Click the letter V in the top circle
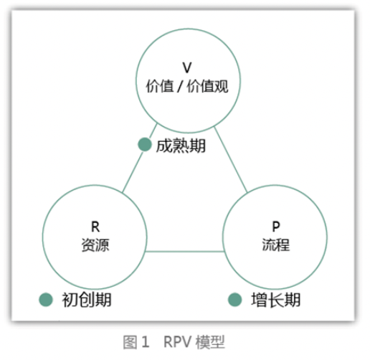[x=187, y=67]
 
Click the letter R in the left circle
[x=95, y=227]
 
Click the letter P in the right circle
[x=276, y=226]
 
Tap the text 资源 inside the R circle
[x=95, y=245]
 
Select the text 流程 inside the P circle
[x=276, y=245]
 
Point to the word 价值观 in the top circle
[x=207, y=86]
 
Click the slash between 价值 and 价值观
[x=180, y=86]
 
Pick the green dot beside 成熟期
[x=145, y=144]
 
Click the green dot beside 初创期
[x=46, y=300]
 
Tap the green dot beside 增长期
[x=234, y=300]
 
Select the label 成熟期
[x=181, y=146]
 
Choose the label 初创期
[x=87, y=300]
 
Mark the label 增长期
[x=276, y=300]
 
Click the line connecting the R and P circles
[x=184, y=252]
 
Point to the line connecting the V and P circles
[x=231, y=160]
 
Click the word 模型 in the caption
[x=210, y=342]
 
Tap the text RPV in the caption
[x=178, y=342]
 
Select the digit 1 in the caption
[x=146, y=342]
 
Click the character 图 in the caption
[x=130, y=342]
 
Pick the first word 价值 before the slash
[x=160, y=86]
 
